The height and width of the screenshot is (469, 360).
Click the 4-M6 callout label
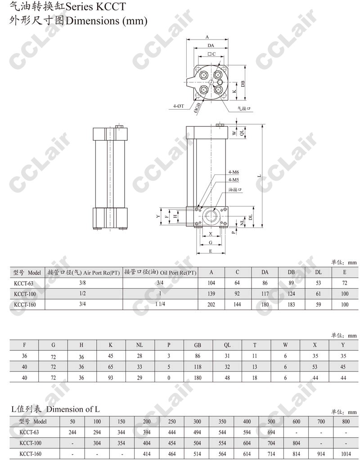[x=234, y=172]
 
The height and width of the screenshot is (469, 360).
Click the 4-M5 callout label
[x=234, y=179]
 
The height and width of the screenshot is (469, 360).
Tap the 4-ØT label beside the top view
[x=179, y=106]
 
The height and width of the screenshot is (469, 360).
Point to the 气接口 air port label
[x=244, y=108]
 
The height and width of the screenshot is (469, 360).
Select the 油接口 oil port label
[x=235, y=190]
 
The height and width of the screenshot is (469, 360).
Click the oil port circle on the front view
[x=211, y=215]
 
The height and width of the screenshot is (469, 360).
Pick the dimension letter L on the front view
[x=260, y=176]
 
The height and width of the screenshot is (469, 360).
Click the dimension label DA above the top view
[x=211, y=45]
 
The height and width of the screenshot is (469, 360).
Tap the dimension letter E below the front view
[x=211, y=251]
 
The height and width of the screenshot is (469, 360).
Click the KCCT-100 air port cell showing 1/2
[x=83, y=294]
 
